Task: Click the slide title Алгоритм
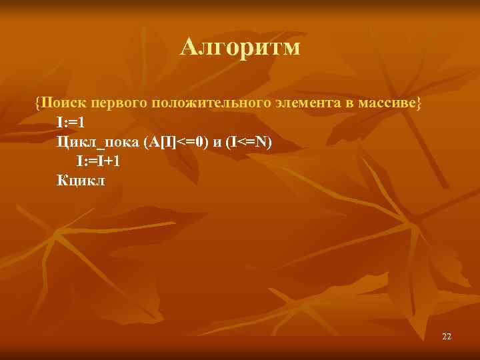[240, 47]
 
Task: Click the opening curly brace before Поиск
[38, 103]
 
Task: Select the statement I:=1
[71, 123]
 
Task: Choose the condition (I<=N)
[249, 142]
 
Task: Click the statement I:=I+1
[98, 161]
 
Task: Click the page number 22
[447, 337]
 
